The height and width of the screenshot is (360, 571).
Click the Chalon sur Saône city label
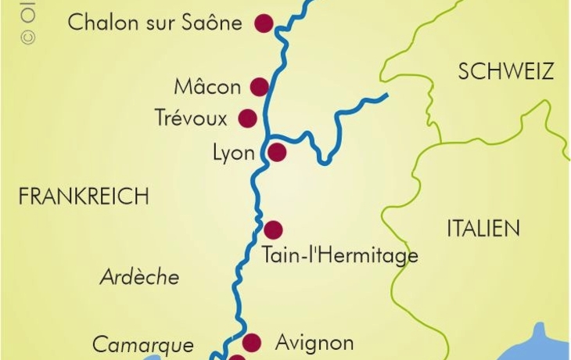tap(155, 22)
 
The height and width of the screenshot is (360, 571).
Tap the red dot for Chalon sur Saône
tap(264, 23)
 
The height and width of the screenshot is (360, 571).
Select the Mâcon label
tap(208, 86)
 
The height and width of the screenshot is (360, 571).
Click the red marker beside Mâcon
tap(260, 86)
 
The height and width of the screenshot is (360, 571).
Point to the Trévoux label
tap(192, 119)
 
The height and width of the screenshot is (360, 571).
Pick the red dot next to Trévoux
tap(248, 118)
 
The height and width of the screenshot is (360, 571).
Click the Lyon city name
tap(234, 153)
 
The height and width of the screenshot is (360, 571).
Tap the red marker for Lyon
tap(277, 152)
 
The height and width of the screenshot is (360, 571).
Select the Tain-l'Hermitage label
tap(340, 255)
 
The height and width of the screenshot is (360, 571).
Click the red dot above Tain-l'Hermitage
tap(273, 230)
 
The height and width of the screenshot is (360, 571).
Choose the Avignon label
tap(314, 343)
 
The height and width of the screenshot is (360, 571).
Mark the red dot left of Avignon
tap(251, 342)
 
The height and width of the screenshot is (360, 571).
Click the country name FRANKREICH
tap(84, 196)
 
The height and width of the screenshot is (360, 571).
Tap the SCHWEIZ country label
tap(506, 72)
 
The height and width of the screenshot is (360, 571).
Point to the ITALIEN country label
tap(483, 229)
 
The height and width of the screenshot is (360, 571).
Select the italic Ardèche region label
tap(139, 277)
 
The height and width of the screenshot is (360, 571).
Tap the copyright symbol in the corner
tap(30, 36)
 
